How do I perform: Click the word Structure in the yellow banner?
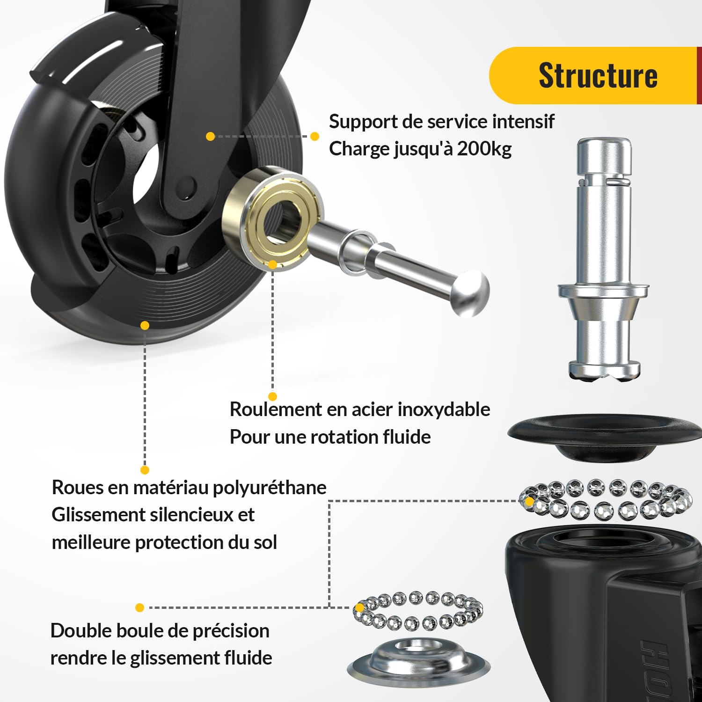pos(598,75)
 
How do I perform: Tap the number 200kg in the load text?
pos(484,149)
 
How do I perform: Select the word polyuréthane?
pos(270,488)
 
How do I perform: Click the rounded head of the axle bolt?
pos(470,293)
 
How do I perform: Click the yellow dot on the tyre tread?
pos(145,325)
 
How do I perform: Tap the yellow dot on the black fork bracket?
pos(210,136)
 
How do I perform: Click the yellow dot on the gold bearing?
pos(272,264)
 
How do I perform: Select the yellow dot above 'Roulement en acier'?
pos(273,396)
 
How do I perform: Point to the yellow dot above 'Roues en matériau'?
pos(145,470)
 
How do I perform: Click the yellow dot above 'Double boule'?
pos(139,607)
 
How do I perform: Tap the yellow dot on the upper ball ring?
pos(529,501)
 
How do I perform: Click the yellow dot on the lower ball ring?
pos(359,607)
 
